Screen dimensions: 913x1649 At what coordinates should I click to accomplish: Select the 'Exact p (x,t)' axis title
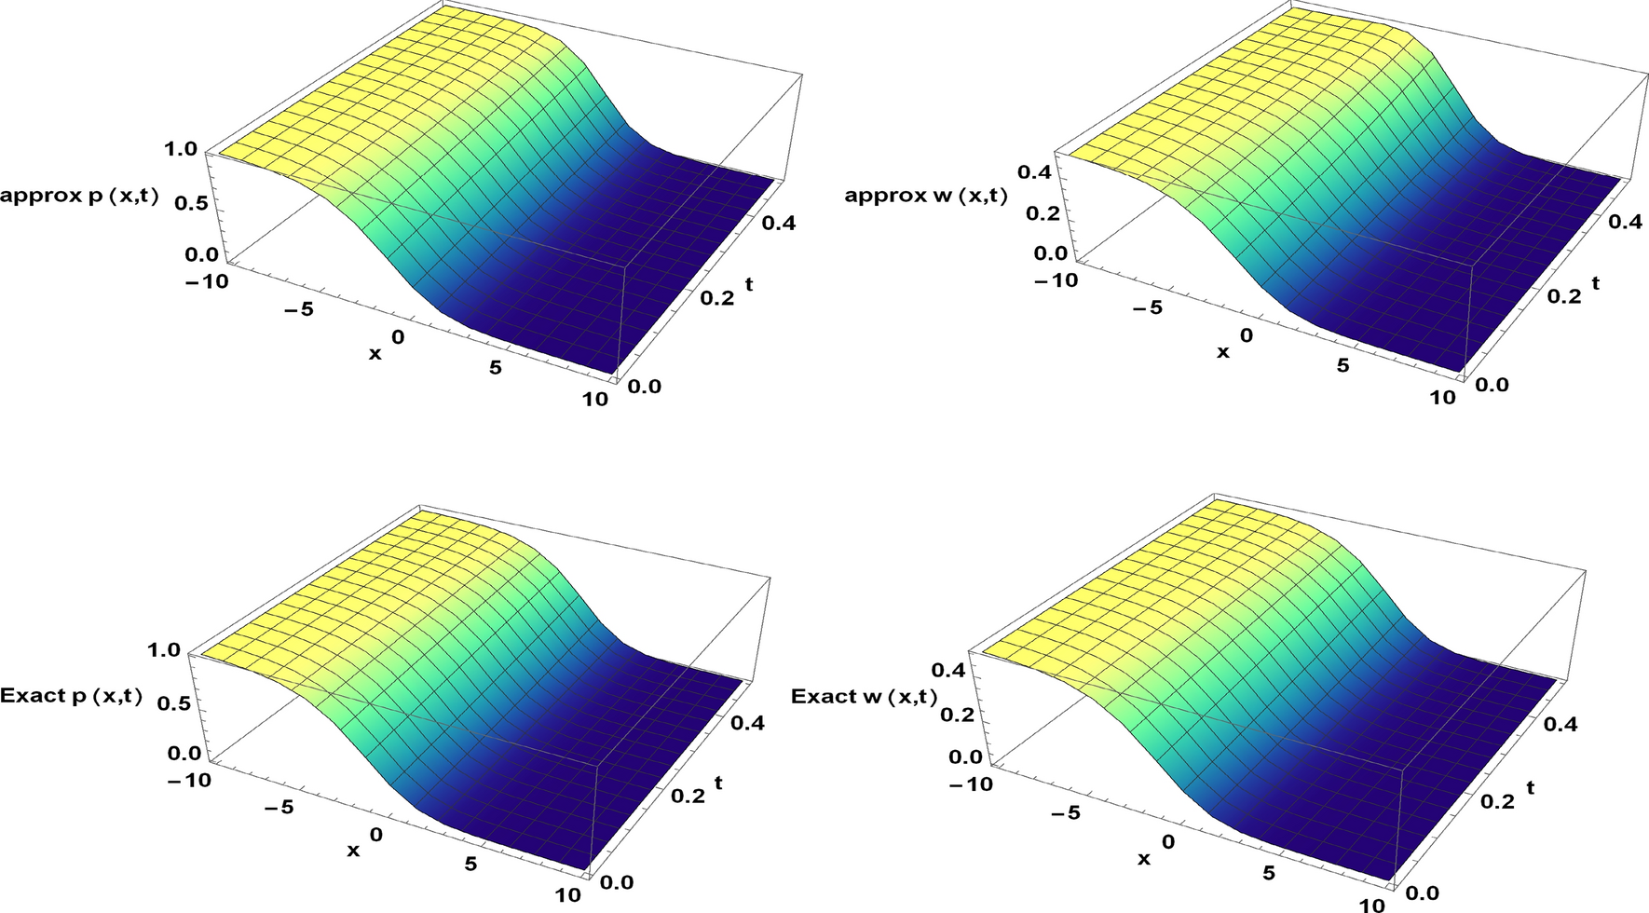pyautogui.click(x=72, y=696)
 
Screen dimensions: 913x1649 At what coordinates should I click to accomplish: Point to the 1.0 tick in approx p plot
pyautogui.click(x=180, y=149)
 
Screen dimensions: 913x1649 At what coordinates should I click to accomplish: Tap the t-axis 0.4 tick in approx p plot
pyautogui.click(x=780, y=224)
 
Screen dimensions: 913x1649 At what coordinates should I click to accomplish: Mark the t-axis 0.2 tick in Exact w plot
pyautogui.click(x=1497, y=801)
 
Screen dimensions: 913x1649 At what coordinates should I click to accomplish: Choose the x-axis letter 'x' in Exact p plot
pyautogui.click(x=353, y=851)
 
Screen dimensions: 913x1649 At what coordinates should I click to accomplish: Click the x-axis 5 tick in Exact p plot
pyautogui.click(x=470, y=864)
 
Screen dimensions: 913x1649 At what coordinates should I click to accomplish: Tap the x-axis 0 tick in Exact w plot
pyautogui.click(x=1168, y=842)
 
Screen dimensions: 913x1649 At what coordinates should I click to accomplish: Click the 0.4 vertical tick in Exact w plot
pyautogui.click(x=951, y=670)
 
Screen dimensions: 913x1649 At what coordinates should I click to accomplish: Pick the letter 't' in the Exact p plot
pyautogui.click(x=718, y=784)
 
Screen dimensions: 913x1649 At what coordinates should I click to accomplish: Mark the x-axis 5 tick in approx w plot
pyautogui.click(x=1342, y=365)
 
